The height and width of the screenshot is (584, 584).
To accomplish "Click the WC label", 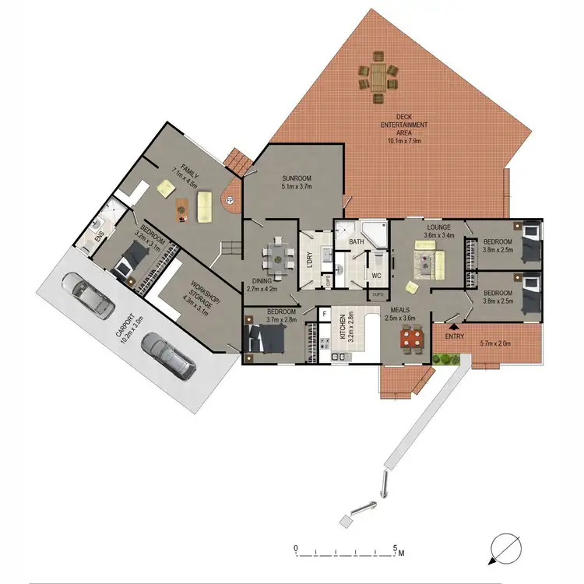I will (x=375, y=276).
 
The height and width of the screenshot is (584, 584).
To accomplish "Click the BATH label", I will (x=357, y=242).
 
